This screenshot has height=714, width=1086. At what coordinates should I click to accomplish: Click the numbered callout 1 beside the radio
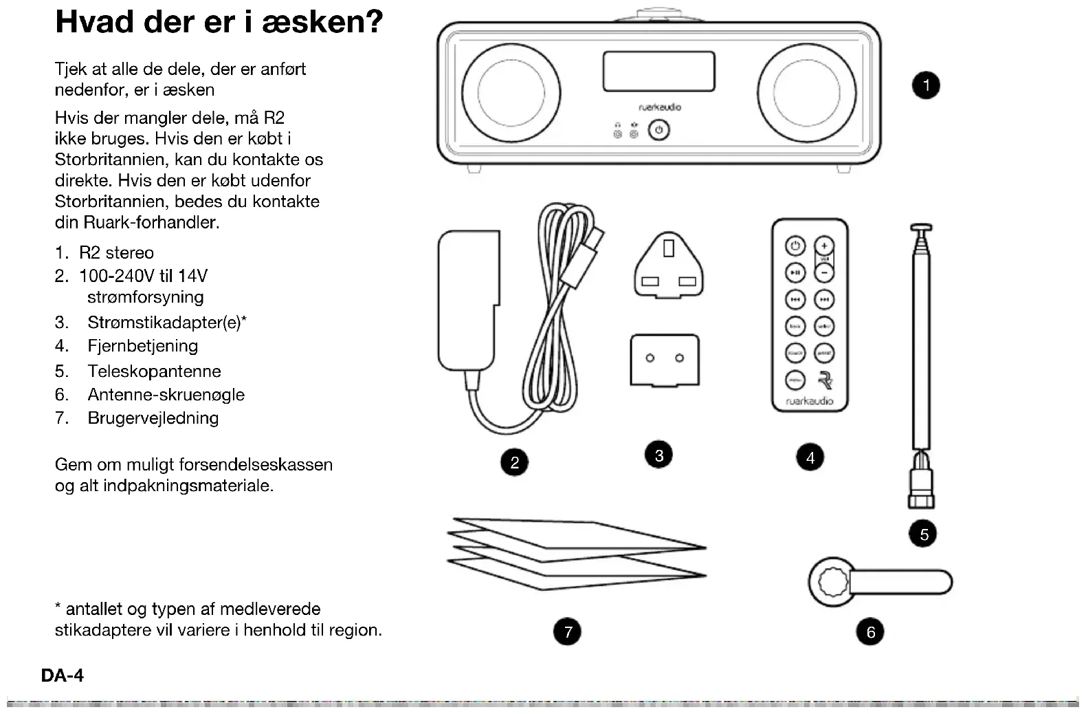pyautogui.click(x=926, y=86)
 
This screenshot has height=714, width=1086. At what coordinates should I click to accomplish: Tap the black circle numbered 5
pyautogui.click(x=924, y=534)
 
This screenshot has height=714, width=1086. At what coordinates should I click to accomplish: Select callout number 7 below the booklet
pyautogui.click(x=568, y=631)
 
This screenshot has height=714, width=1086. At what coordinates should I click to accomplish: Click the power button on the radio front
pyautogui.click(x=659, y=130)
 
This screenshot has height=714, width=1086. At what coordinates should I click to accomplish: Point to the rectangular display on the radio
pyautogui.click(x=658, y=72)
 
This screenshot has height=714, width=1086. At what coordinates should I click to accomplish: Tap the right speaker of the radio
pyautogui.click(x=806, y=93)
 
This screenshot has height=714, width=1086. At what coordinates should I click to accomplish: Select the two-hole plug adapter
pyautogui.click(x=665, y=360)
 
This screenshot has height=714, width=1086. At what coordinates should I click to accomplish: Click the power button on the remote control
pyautogui.click(x=795, y=246)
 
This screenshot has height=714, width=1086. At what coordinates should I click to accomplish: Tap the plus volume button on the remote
pyautogui.click(x=824, y=246)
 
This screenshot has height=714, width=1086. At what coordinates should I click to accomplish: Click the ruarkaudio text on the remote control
pyautogui.click(x=810, y=401)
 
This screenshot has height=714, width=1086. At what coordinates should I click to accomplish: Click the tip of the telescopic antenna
pyautogui.click(x=921, y=228)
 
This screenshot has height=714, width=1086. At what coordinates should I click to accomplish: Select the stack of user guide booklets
pyautogui.click(x=576, y=553)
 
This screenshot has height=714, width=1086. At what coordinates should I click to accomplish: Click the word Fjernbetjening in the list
pyautogui.click(x=142, y=346)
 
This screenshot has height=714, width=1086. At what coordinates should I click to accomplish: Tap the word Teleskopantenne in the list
pyautogui.click(x=154, y=371)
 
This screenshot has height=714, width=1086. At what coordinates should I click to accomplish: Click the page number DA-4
pyautogui.click(x=63, y=675)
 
